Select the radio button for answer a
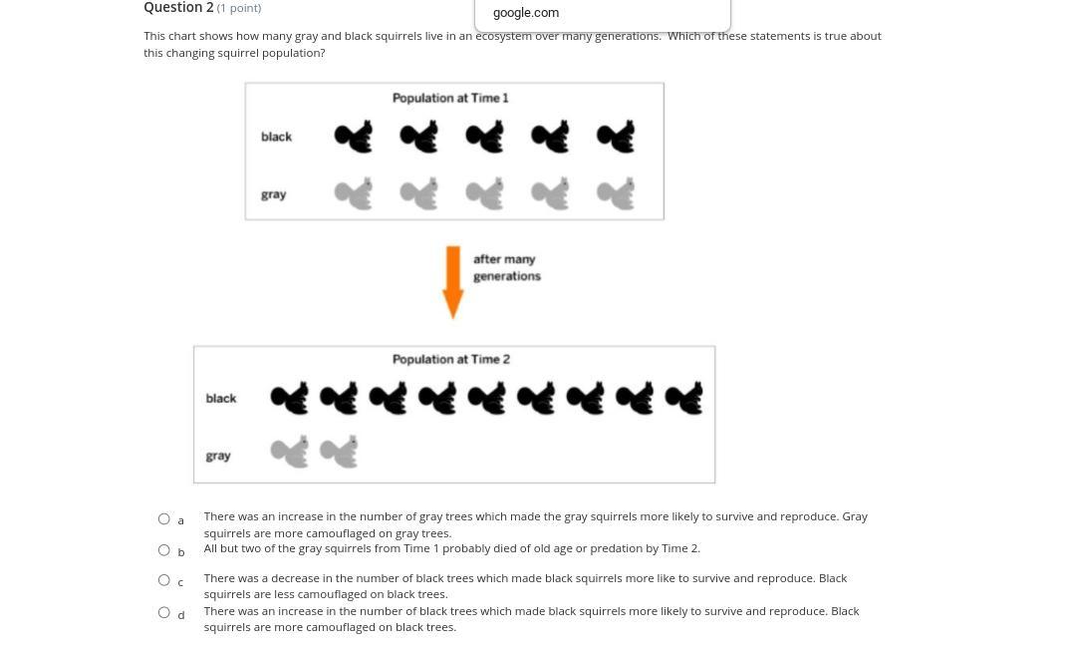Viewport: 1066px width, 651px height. (x=163, y=519)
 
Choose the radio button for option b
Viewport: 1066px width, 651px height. (x=163, y=549)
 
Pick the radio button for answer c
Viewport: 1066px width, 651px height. (x=163, y=580)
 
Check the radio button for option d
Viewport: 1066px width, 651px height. (x=163, y=612)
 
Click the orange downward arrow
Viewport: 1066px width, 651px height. (x=452, y=281)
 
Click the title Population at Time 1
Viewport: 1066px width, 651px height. (x=450, y=98)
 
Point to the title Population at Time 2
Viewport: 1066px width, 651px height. (x=450, y=359)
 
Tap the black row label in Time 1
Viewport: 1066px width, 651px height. (x=276, y=137)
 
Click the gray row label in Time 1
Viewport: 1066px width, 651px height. (x=273, y=194)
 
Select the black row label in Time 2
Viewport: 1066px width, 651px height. (x=221, y=398)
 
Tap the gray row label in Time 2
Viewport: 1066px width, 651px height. (x=218, y=456)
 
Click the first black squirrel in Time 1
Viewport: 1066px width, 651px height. (x=354, y=136)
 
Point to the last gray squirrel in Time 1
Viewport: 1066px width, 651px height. (x=616, y=193)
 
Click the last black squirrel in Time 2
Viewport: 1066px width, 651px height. (x=683, y=398)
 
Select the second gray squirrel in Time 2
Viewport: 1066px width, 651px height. (x=339, y=452)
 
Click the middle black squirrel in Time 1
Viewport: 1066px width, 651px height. (x=485, y=136)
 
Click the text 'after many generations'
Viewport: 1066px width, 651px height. (x=507, y=267)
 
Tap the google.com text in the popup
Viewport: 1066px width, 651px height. (x=526, y=13)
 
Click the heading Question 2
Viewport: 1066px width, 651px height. (x=178, y=8)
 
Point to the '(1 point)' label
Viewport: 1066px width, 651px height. (x=239, y=8)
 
